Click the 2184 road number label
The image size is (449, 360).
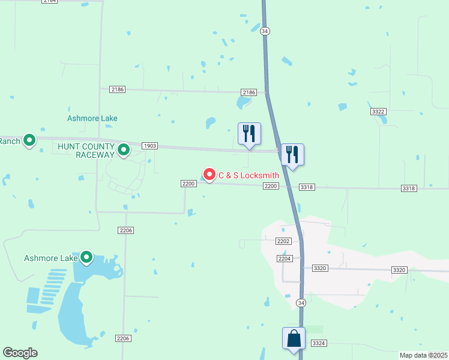(x=50, y=1)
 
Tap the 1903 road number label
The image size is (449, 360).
(x=150, y=146)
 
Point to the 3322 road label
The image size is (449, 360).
(x=378, y=112)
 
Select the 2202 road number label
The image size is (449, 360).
(x=283, y=241)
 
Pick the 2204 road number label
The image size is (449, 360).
(x=285, y=258)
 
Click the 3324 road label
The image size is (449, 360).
(x=319, y=343)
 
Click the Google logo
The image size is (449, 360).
(x=20, y=353)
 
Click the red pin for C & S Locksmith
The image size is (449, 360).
(x=209, y=174)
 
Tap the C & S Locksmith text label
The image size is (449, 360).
(x=249, y=175)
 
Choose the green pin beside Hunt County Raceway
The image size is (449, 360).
(x=124, y=149)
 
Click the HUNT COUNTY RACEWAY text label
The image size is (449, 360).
(x=86, y=151)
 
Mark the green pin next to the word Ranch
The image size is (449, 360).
(x=29, y=141)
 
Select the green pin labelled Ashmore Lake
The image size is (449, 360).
(x=86, y=257)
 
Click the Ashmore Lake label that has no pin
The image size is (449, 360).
(x=92, y=118)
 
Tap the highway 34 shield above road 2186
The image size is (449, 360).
(x=265, y=31)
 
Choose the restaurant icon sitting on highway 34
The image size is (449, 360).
(x=292, y=155)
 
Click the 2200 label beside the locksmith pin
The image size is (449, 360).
(x=188, y=184)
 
